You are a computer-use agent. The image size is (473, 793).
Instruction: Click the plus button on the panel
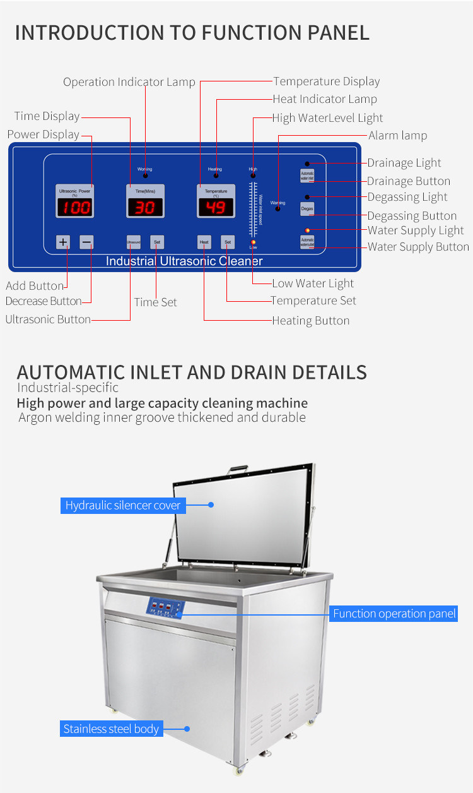pos(63,242)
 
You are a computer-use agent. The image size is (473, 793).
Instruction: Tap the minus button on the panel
pos(86,242)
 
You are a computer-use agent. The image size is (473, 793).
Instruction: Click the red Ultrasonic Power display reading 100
pos(75,207)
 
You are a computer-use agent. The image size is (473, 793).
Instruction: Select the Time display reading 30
pos(145,207)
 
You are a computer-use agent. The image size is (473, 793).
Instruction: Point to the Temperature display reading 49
pos(216,207)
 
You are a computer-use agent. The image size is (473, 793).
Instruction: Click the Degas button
pos(307,208)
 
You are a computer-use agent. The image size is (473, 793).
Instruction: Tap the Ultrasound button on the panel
pos(133,242)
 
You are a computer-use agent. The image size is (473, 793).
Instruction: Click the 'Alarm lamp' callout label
pos(397,136)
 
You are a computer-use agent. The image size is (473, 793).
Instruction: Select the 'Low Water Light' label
pos(313,283)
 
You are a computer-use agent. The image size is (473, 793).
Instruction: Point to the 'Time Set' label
pos(155,302)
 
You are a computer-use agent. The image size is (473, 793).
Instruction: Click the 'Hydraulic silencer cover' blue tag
pos(123,505)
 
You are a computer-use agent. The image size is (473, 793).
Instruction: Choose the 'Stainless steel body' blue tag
pos(112,729)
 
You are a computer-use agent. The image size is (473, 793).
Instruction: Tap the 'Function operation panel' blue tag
pos(394,614)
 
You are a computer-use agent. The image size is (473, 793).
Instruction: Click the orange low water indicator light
pos(253,242)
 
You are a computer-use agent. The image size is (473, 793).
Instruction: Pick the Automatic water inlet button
pos(307,176)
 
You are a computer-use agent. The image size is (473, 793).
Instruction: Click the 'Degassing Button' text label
pos(412,216)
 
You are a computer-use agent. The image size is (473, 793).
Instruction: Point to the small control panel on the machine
pos(166,608)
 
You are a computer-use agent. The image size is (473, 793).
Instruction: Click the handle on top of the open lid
pos(237,469)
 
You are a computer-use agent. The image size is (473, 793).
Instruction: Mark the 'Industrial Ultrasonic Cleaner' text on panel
pos(184,261)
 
